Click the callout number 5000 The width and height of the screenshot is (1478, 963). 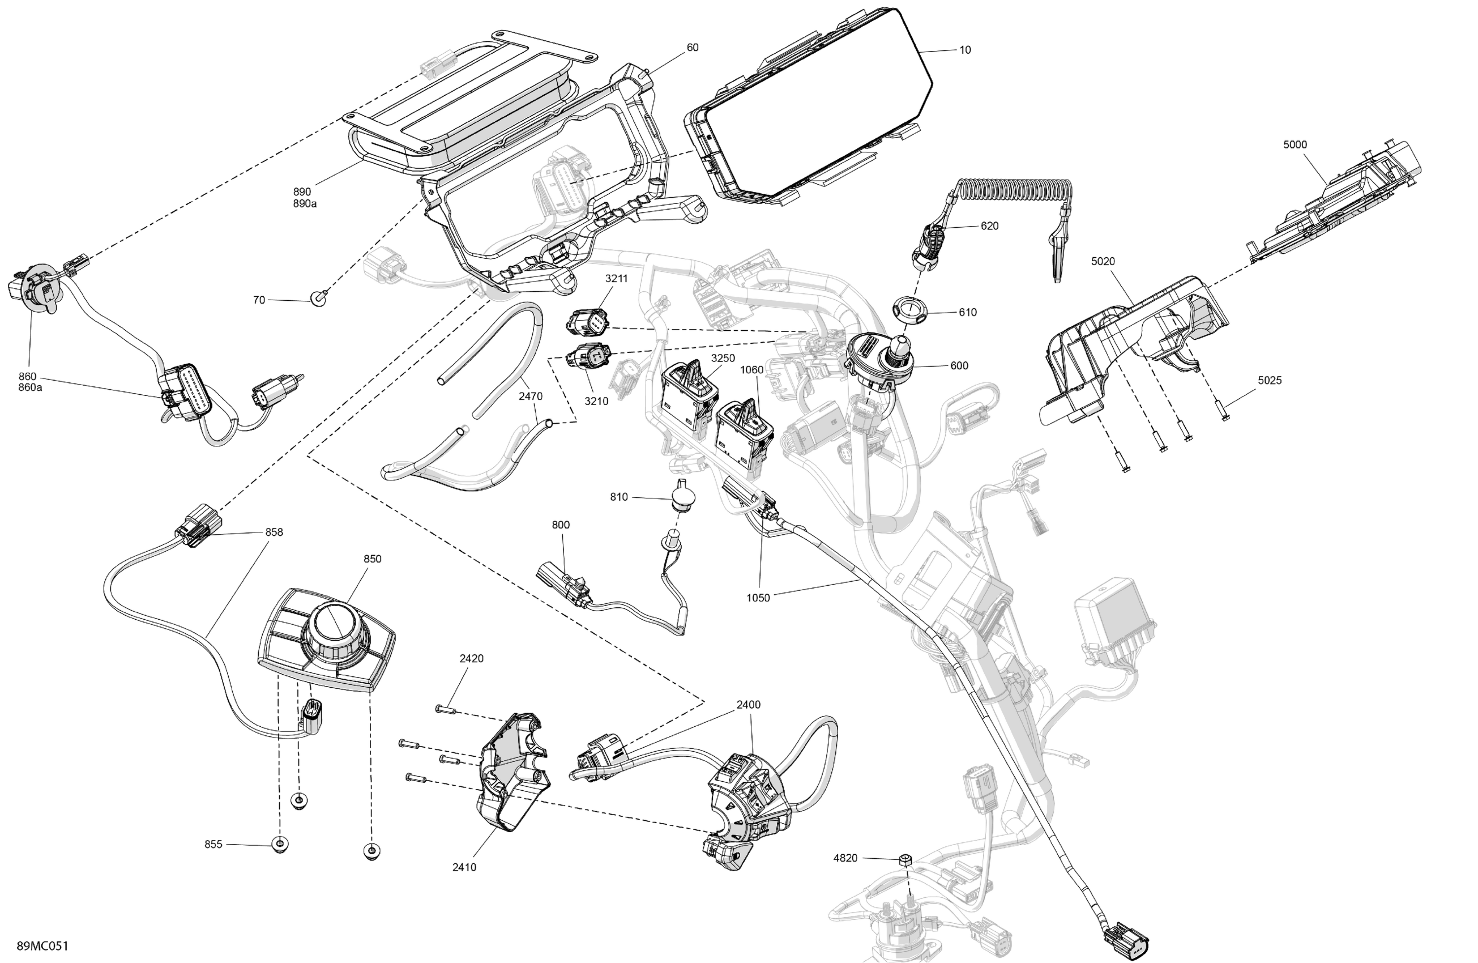pos(1295,145)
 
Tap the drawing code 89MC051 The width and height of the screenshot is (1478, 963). pos(42,945)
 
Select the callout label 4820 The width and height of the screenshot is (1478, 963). pos(845,858)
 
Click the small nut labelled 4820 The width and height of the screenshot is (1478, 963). pos(905,860)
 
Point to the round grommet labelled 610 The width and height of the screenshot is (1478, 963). pos(908,307)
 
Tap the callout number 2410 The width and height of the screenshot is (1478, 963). pos(464,867)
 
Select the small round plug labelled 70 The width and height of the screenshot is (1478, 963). pos(319,300)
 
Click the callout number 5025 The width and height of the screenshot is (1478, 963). pos(1270,380)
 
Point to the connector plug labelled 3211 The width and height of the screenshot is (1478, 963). pos(587,320)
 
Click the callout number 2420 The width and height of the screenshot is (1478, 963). pos(471,659)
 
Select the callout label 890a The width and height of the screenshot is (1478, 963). pos(305,204)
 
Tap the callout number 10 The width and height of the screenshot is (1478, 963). pos(965,50)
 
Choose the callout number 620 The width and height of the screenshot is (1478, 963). pos(989,225)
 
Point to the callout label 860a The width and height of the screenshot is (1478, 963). pos(31,387)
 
